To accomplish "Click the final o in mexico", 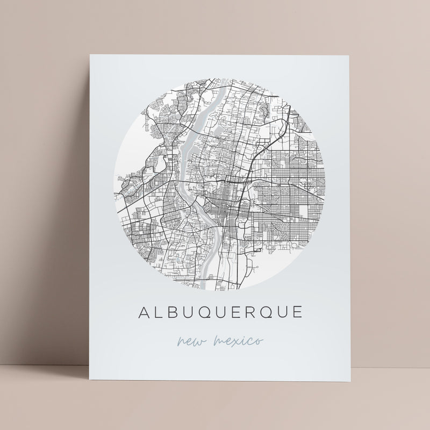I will coord(259,341).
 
